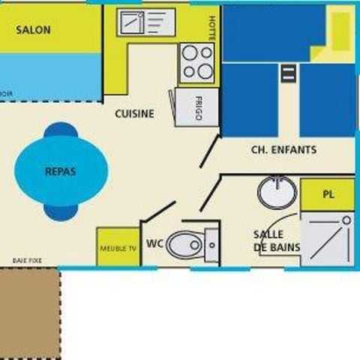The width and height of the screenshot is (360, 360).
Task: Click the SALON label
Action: (x=34, y=30)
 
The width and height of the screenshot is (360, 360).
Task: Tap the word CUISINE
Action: (x=135, y=114)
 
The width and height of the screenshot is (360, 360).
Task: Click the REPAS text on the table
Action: (x=61, y=171)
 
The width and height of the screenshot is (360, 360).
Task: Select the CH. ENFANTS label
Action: (x=283, y=150)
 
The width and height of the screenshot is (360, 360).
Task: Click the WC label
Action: (x=155, y=244)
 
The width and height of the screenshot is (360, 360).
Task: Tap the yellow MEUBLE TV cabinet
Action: (x=118, y=247)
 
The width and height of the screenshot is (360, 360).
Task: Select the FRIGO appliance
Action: (x=197, y=105)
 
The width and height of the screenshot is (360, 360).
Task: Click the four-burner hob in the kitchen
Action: (x=196, y=63)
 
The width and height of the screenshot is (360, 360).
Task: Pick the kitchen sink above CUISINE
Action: (x=145, y=23)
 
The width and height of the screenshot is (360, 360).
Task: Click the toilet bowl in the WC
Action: (x=185, y=244)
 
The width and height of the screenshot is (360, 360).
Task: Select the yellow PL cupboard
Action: (x=328, y=194)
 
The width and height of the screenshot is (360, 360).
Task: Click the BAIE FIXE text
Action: (x=27, y=260)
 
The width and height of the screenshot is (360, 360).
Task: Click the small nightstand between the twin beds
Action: (x=288, y=73)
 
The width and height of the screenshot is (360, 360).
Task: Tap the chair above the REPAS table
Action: (x=60, y=132)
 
